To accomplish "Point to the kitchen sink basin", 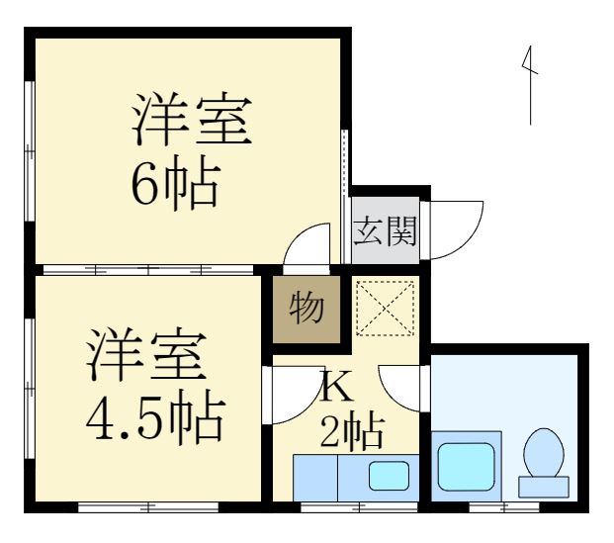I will pos(389,476).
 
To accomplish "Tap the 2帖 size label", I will pos(351,431).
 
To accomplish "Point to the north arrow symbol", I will pos(530,86).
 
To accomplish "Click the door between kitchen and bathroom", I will pos(404,388).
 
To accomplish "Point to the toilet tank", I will pos(543,485).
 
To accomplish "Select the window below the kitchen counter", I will pos(346,507).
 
